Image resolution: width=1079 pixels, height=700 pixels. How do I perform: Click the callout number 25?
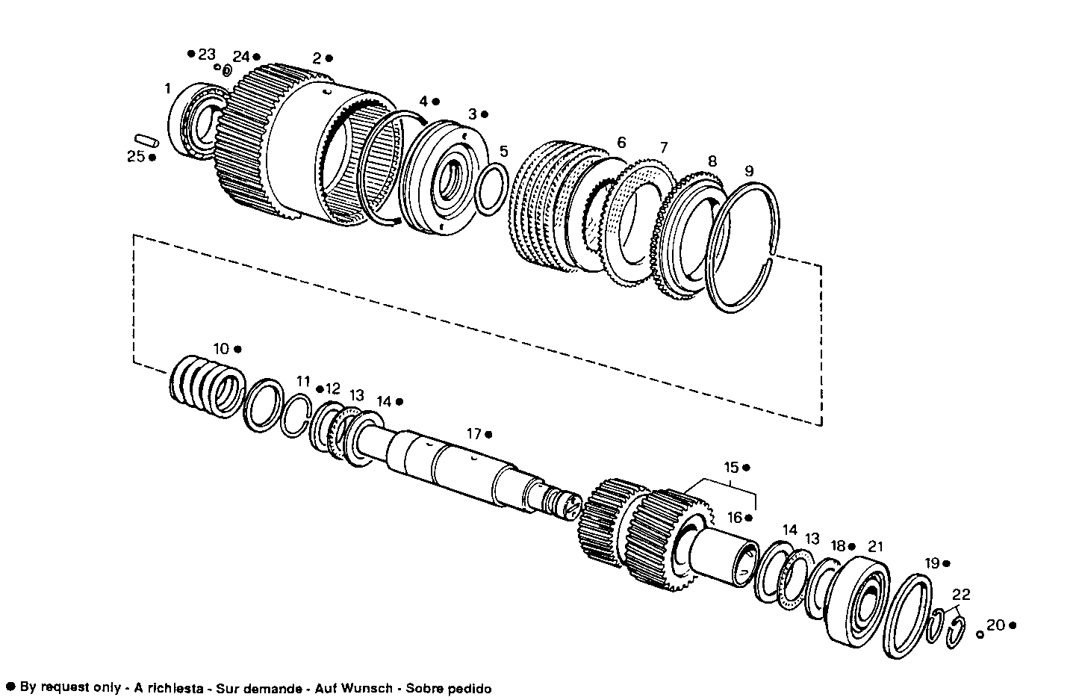[x=135, y=157]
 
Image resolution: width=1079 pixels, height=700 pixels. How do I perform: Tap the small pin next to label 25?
[x=145, y=139]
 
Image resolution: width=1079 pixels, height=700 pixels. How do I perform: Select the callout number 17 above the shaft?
[x=474, y=433]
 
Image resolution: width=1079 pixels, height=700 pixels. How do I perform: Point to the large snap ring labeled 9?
[x=744, y=247]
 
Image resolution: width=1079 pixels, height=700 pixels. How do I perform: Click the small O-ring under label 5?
[x=491, y=189]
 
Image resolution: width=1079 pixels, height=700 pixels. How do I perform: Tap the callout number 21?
[x=875, y=546]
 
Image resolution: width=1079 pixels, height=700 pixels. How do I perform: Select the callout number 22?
[x=961, y=595]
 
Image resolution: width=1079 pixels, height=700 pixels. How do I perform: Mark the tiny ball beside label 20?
[x=980, y=634]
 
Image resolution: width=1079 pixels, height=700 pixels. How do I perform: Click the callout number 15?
[x=731, y=468]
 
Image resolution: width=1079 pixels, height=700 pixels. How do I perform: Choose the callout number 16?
[x=736, y=517]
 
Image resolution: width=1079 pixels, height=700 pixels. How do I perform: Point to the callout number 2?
[x=317, y=58]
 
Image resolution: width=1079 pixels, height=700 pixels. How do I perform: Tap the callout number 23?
[x=206, y=54]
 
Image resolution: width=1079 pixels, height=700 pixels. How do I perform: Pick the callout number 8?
[x=712, y=161]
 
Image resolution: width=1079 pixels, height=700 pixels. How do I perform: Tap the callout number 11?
[x=302, y=381]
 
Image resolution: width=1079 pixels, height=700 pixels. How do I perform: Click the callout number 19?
[x=932, y=563]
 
